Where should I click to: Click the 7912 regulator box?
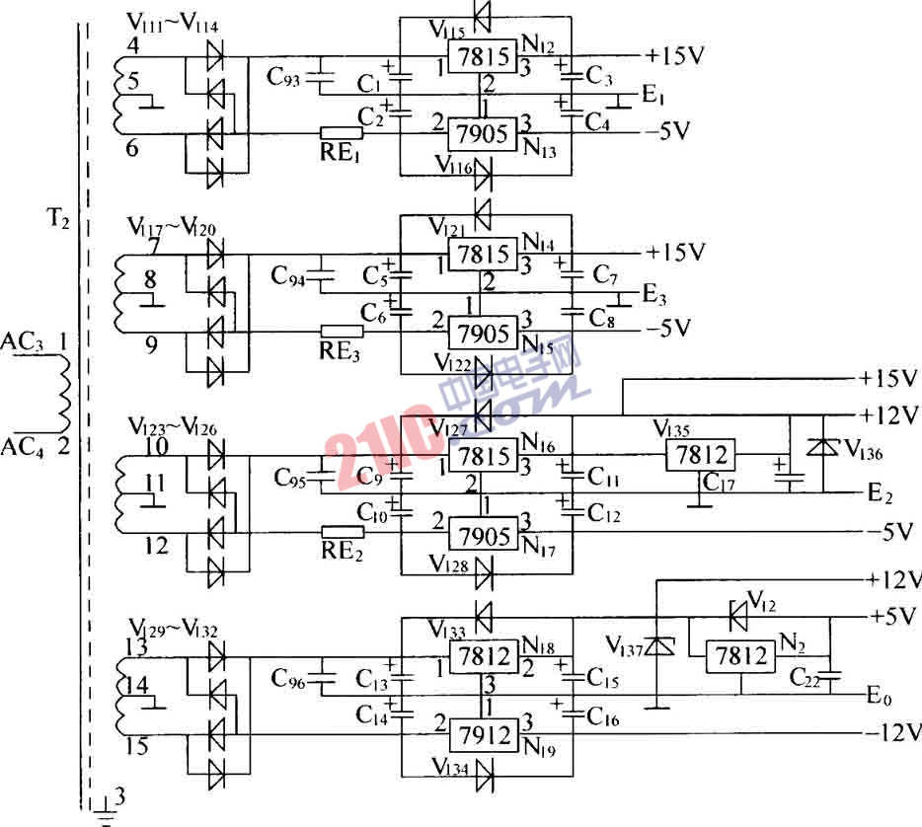pyautogui.click(x=484, y=734)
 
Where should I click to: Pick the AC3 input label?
pyautogui.click(x=22, y=341)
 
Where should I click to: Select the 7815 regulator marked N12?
pyautogui.click(x=482, y=58)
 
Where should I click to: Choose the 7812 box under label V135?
pyautogui.click(x=698, y=455)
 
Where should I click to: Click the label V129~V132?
pyautogui.click(x=173, y=628)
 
